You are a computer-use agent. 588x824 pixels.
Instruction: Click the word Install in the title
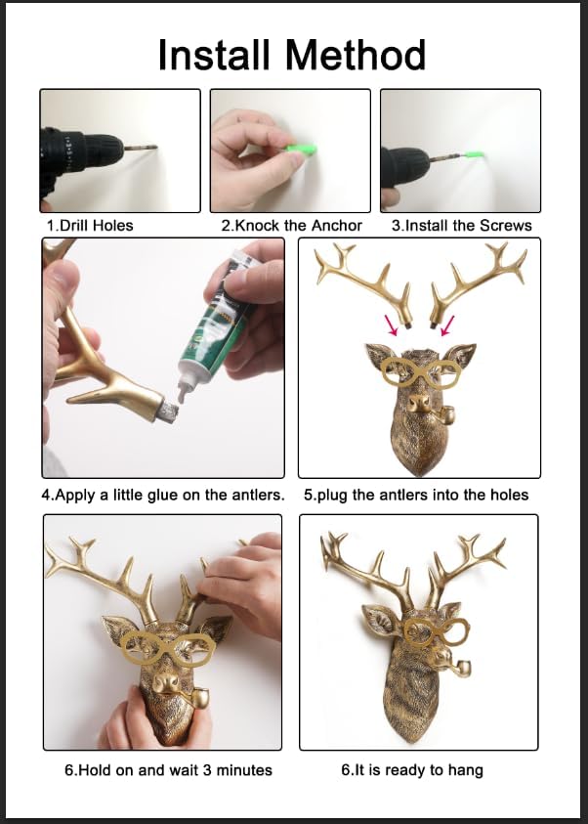click(x=214, y=55)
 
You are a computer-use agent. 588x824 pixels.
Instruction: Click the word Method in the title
click(x=356, y=55)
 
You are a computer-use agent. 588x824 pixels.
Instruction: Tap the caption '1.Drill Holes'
click(x=90, y=226)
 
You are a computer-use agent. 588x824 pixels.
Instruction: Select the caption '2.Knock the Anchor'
click(x=291, y=226)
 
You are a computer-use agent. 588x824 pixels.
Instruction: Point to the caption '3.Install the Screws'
click(x=461, y=226)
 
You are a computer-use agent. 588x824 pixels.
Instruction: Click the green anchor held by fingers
click(x=302, y=150)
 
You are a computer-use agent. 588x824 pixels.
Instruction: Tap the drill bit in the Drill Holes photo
click(x=141, y=148)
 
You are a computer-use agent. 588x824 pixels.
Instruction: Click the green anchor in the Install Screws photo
click(x=474, y=154)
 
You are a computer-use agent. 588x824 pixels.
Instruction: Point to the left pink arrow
click(x=391, y=325)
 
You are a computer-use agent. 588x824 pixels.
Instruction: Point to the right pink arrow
click(x=447, y=325)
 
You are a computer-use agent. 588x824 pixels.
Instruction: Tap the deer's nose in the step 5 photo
click(x=419, y=403)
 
